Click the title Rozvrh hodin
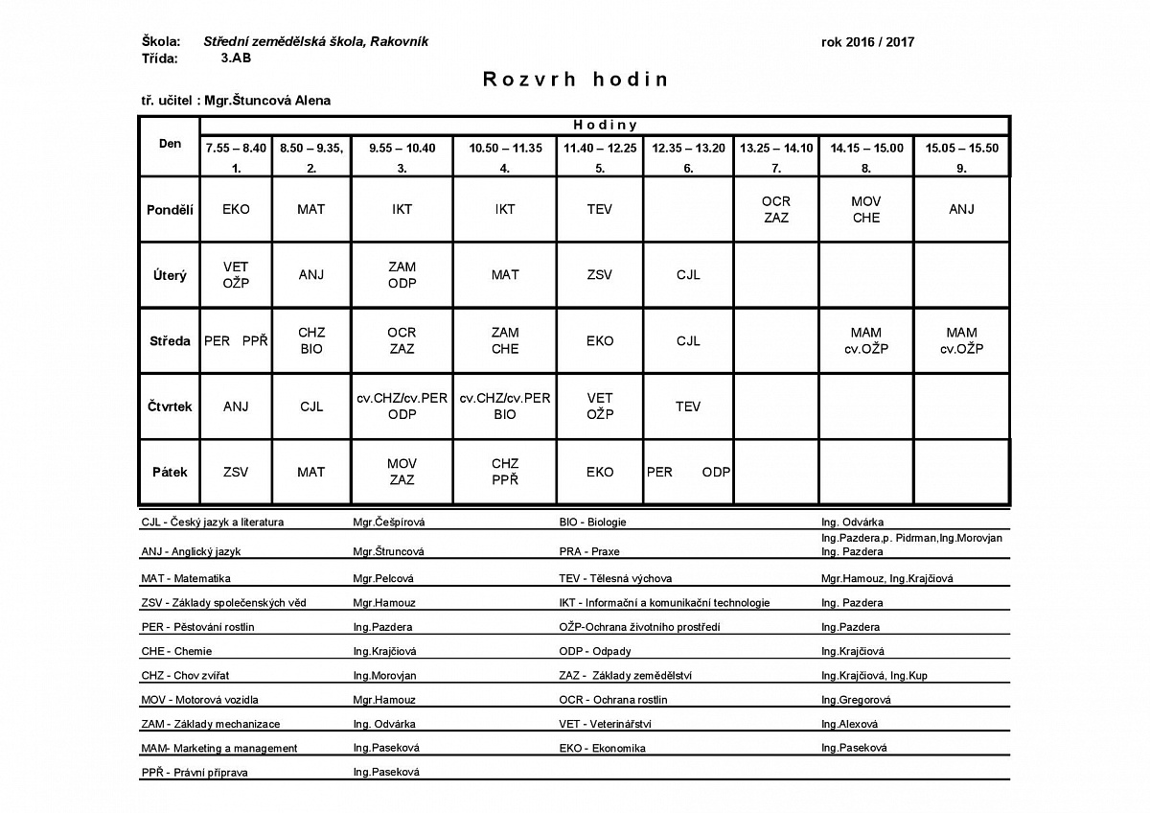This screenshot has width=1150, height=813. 575,79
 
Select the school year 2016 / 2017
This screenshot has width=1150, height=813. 867,42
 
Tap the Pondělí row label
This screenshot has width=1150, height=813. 170,209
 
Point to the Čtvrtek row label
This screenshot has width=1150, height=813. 170,406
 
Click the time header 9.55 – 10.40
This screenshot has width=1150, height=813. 402,148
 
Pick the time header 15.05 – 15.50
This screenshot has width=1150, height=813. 961,148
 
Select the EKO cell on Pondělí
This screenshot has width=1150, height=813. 236,209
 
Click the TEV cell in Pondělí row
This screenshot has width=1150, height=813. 599,209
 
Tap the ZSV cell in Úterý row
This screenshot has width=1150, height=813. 599,275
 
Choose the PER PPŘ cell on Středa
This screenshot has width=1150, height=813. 236,340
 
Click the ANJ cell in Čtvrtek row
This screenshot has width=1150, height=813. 236,406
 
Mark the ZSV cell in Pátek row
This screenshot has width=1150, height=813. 236,472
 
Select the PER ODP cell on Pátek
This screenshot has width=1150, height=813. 688,472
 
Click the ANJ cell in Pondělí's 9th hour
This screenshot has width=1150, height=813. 961,209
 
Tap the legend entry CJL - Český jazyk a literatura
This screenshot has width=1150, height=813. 213,523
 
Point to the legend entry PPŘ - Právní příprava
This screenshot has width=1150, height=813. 188,772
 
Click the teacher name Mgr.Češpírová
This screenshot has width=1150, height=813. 388,523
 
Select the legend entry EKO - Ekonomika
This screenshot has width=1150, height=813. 602,748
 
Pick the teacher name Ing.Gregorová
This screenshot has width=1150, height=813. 856,700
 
